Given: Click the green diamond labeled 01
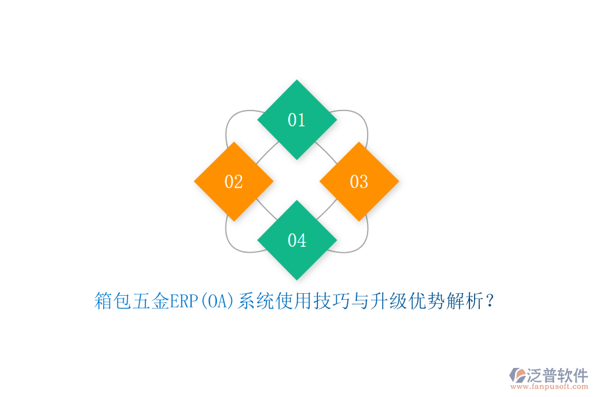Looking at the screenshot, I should click(x=297, y=120).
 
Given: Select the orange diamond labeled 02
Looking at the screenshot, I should click(x=233, y=181).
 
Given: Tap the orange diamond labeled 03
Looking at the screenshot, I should click(x=359, y=181).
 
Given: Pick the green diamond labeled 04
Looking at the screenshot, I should click(x=297, y=240).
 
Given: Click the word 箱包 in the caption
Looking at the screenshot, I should click(x=113, y=302).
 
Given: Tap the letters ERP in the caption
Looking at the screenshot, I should click(x=183, y=302).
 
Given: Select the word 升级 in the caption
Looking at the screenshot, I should click(x=387, y=302).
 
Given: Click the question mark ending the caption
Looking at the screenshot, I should click(x=489, y=302).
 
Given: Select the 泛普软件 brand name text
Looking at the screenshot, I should click(x=557, y=375).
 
